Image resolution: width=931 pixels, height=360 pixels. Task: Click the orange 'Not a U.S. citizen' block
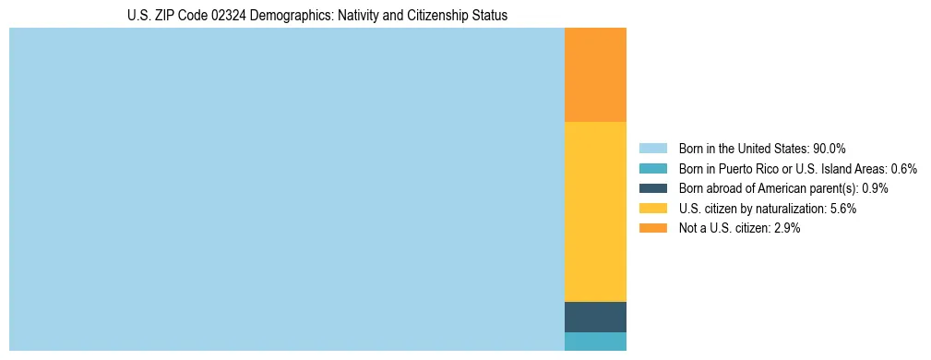tap(595, 75)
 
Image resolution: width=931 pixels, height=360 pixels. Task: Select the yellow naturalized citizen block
tap(595, 211)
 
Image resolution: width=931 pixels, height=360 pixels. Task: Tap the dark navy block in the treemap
tap(595, 317)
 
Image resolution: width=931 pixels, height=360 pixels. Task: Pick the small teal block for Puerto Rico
tap(595, 342)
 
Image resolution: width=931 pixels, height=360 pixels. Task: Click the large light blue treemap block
tap(286, 189)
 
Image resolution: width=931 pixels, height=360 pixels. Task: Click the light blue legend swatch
tap(652, 149)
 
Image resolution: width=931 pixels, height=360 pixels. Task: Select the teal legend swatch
tap(652, 169)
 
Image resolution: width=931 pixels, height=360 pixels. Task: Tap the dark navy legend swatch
tap(652, 188)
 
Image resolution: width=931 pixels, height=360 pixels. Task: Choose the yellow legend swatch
tap(652, 209)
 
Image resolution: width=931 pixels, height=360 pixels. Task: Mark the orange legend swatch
tap(652, 228)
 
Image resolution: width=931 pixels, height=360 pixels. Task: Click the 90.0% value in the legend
tap(830, 149)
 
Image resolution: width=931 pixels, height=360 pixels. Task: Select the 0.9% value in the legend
tap(875, 188)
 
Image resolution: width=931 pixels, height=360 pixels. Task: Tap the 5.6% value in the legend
tap(842, 209)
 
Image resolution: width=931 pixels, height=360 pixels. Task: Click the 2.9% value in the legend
tap(786, 228)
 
